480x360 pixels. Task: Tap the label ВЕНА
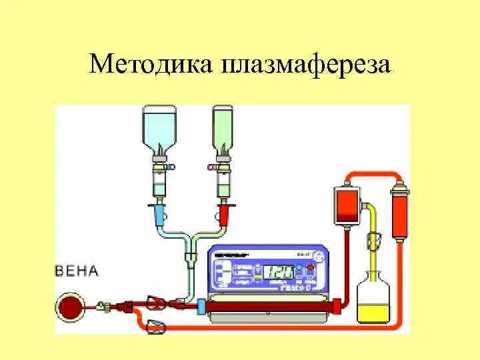(x=77, y=271)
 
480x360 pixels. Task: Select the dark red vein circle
(x=69, y=305)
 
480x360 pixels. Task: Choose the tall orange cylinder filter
(x=399, y=210)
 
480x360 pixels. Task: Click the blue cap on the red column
(x=201, y=306)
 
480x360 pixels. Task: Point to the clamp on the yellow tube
(x=374, y=238)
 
